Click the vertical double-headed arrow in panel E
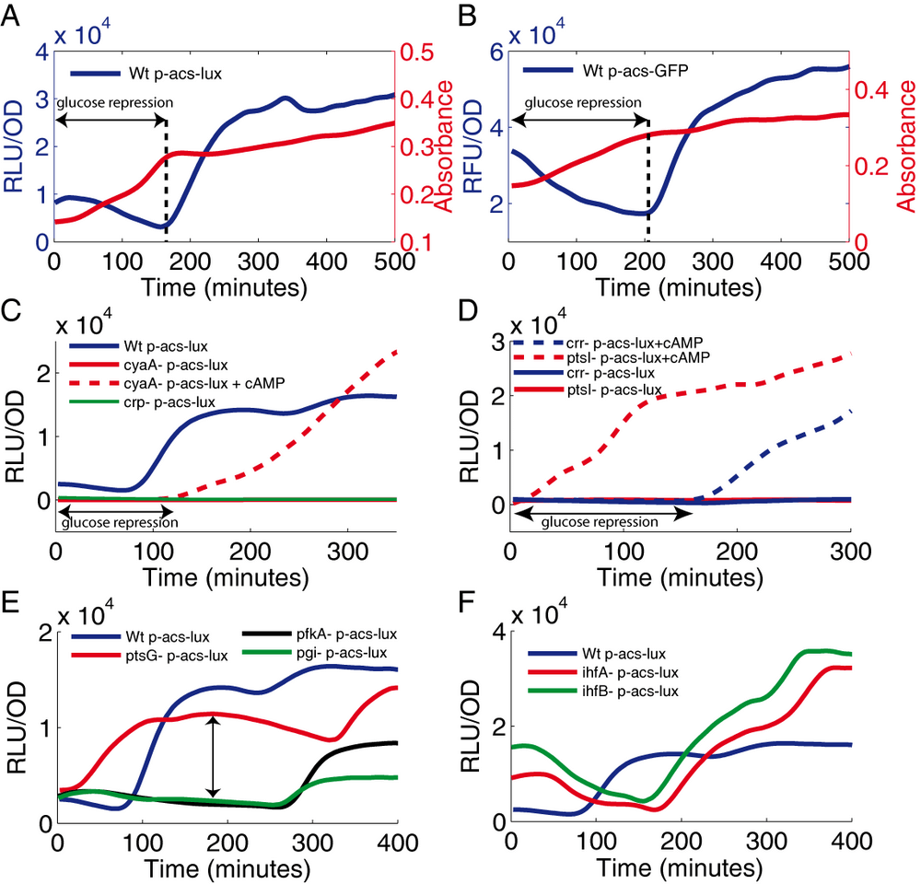tap(214, 756)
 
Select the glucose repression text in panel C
tap(118, 523)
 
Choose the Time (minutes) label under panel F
tap(680, 868)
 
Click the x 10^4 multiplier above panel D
tap(539, 325)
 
